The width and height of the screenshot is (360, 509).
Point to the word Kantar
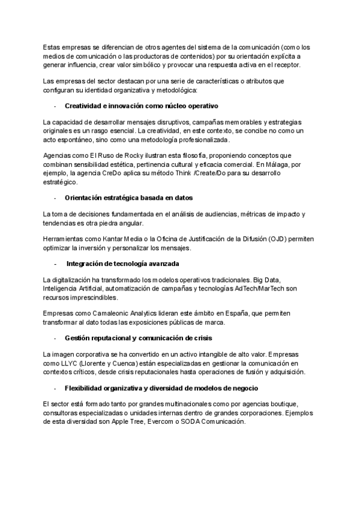click(114, 239)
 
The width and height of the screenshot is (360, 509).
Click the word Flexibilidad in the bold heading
click(85, 388)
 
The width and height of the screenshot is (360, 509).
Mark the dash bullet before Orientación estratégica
click(55, 198)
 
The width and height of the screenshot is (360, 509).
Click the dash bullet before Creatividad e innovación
click(55, 106)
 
